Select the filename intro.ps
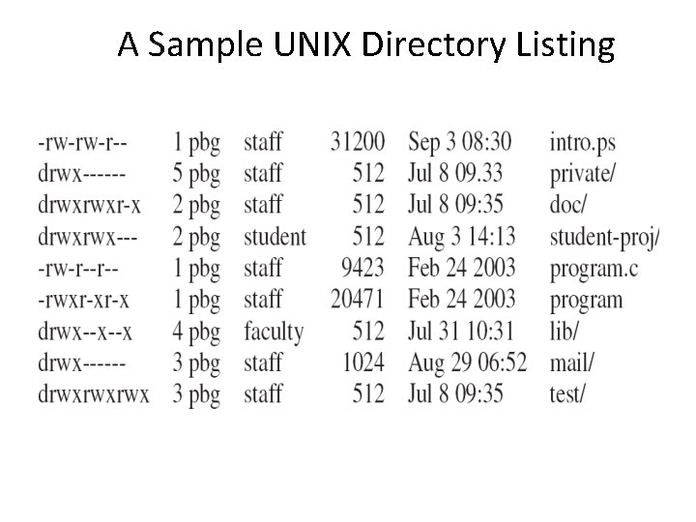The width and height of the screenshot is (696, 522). [x=582, y=143]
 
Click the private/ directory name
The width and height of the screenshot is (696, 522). [x=583, y=174]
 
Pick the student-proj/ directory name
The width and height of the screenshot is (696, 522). [x=605, y=237]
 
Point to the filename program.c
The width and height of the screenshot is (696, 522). [x=594, y=268]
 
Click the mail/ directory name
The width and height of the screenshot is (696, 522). [x=571, y=362]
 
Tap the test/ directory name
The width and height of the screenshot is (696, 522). [x=567, y=394]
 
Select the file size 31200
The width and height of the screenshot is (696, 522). [x=357, y=143]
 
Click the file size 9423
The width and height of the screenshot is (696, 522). [x=362, y=268]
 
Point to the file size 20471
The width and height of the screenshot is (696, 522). [x=357, y=300]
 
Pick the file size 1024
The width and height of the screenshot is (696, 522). [x=362, y=362]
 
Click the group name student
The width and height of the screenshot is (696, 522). [x=275, y=237]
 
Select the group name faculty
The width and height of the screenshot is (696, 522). [x=274, y=332]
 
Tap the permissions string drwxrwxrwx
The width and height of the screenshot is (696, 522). [x=93, y=394]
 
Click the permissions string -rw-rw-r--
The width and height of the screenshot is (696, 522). [x=82, y=143]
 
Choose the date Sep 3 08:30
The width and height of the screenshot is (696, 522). [x=459, y=143]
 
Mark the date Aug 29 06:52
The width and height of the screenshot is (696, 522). [x=467, y=362]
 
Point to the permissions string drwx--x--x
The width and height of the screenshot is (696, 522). [x=85, y=332]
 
